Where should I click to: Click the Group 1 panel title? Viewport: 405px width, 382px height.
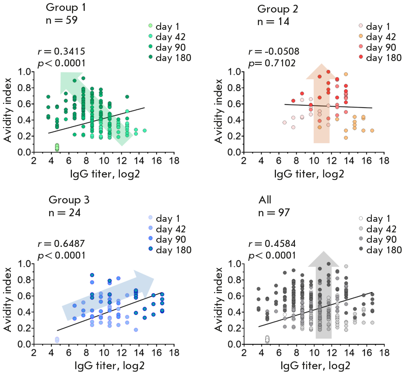pos(66,8)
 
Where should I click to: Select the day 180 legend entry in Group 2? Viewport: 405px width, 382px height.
pos(380,58)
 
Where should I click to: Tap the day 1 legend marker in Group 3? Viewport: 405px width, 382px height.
pos(151,218)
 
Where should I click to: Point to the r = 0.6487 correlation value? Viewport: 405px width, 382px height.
pos(61,244)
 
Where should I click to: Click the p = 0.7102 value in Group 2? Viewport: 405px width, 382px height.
pos(272,63)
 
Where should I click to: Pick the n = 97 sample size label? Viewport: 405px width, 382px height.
pos(274,213)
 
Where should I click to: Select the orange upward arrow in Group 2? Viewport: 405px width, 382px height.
pos(322,106)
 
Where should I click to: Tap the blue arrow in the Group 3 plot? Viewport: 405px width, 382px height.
pos(109,295)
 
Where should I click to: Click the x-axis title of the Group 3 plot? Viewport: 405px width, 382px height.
pos(110,366)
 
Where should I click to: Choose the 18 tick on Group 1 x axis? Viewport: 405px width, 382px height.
pos(174,161)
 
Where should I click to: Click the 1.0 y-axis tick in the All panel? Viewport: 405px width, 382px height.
pos(235,264)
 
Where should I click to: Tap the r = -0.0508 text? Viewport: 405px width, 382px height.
pos(274,51)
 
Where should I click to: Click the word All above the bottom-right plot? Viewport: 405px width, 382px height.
pos(265,200)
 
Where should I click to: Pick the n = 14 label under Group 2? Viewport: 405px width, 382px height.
pos(273,21)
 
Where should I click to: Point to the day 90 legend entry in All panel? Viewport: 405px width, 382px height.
pos(378,239)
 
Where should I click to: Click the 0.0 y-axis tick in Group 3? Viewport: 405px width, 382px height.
pos(24,344)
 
